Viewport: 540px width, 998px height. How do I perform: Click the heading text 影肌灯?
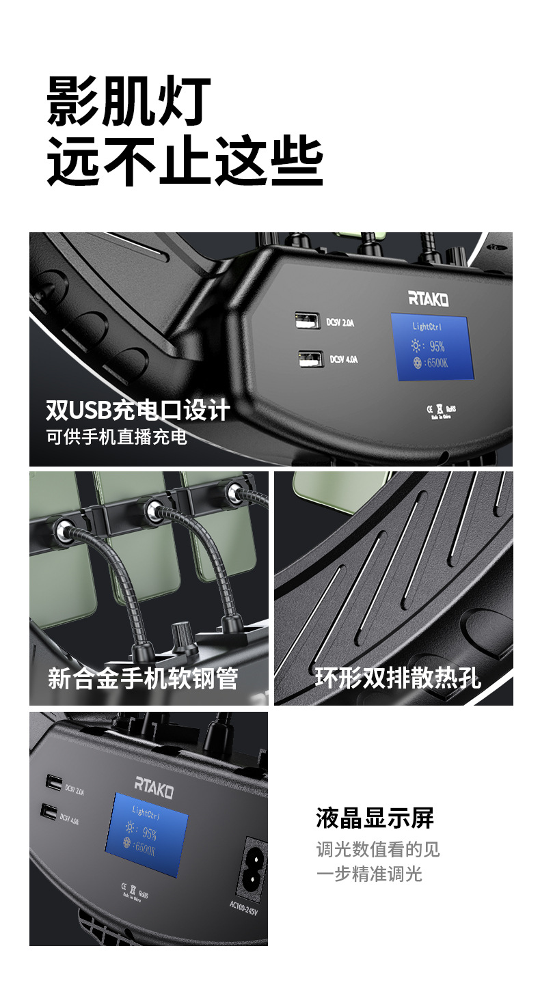tap(129, 102)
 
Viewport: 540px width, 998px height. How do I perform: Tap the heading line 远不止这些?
tap(185, 161)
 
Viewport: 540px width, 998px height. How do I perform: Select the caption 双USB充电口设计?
tap(137, 411)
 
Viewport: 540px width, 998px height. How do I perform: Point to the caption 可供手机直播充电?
tap(117, 437)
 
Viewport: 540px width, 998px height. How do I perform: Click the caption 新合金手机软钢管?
tap(143, 678)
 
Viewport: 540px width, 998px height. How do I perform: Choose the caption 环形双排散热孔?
tap(398, 678)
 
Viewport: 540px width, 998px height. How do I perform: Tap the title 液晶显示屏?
tap(375, 818)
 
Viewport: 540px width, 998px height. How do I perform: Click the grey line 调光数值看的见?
tap(378, 849)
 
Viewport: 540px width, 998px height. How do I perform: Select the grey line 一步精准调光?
tap(369, 873)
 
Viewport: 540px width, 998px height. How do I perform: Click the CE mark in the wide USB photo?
tap(430, 409)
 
